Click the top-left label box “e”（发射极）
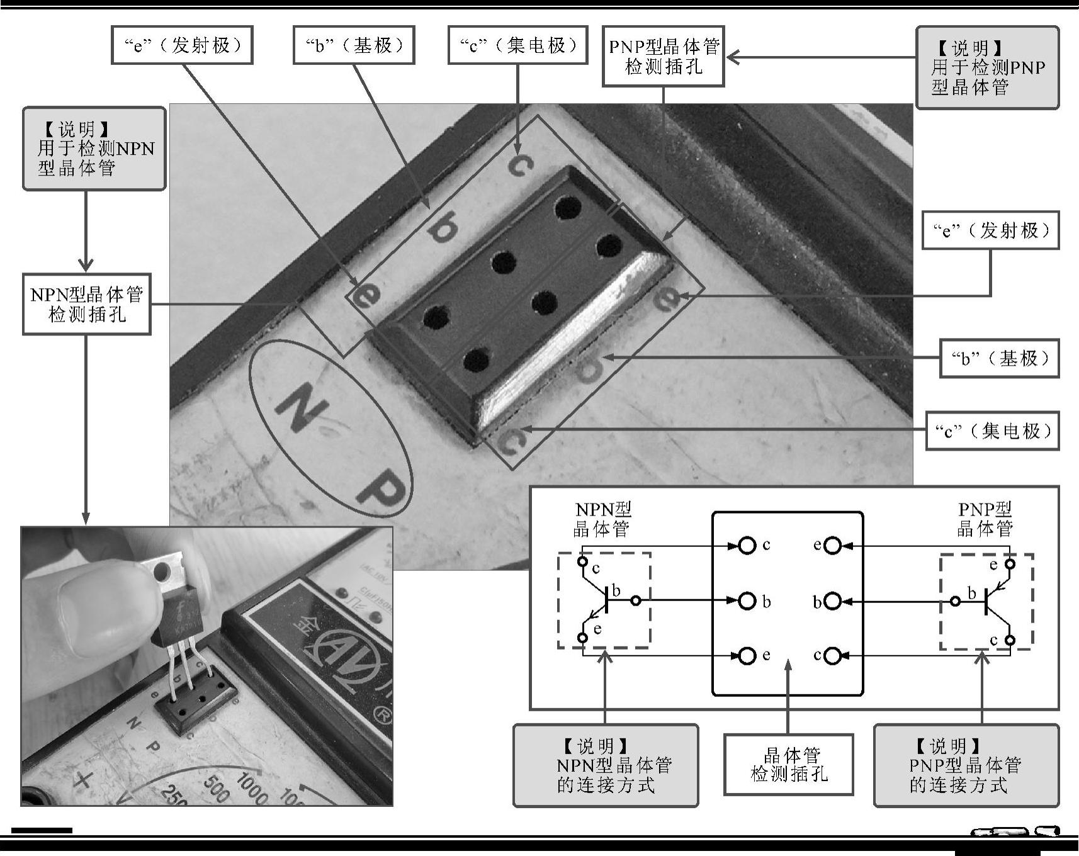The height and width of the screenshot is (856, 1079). pos(182,45)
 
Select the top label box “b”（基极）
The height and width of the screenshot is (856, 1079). pos(353,45)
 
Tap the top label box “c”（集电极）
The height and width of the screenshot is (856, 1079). pos(517,45)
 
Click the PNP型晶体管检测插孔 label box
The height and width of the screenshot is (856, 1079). pos(664,56)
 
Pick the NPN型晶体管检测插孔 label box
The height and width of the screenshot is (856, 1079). pos(87,304)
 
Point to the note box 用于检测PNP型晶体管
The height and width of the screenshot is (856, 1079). pos(987,68)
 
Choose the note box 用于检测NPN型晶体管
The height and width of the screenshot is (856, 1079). pos(94,149)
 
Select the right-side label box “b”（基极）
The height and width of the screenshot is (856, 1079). pos(999,359)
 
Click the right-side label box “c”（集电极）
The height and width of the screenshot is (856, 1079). pos(992,431)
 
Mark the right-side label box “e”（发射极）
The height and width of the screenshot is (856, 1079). pos(990,230)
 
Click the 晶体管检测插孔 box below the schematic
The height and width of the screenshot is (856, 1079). pos(789,764)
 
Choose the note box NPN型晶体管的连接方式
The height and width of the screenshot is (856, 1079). pos(606,765)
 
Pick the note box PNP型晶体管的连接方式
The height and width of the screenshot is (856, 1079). pos(966,765)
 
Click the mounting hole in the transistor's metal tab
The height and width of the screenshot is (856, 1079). pos(162,572)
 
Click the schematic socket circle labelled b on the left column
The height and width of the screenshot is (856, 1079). pos(747,601)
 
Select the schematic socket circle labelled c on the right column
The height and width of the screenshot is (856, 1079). pos(832,656)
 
